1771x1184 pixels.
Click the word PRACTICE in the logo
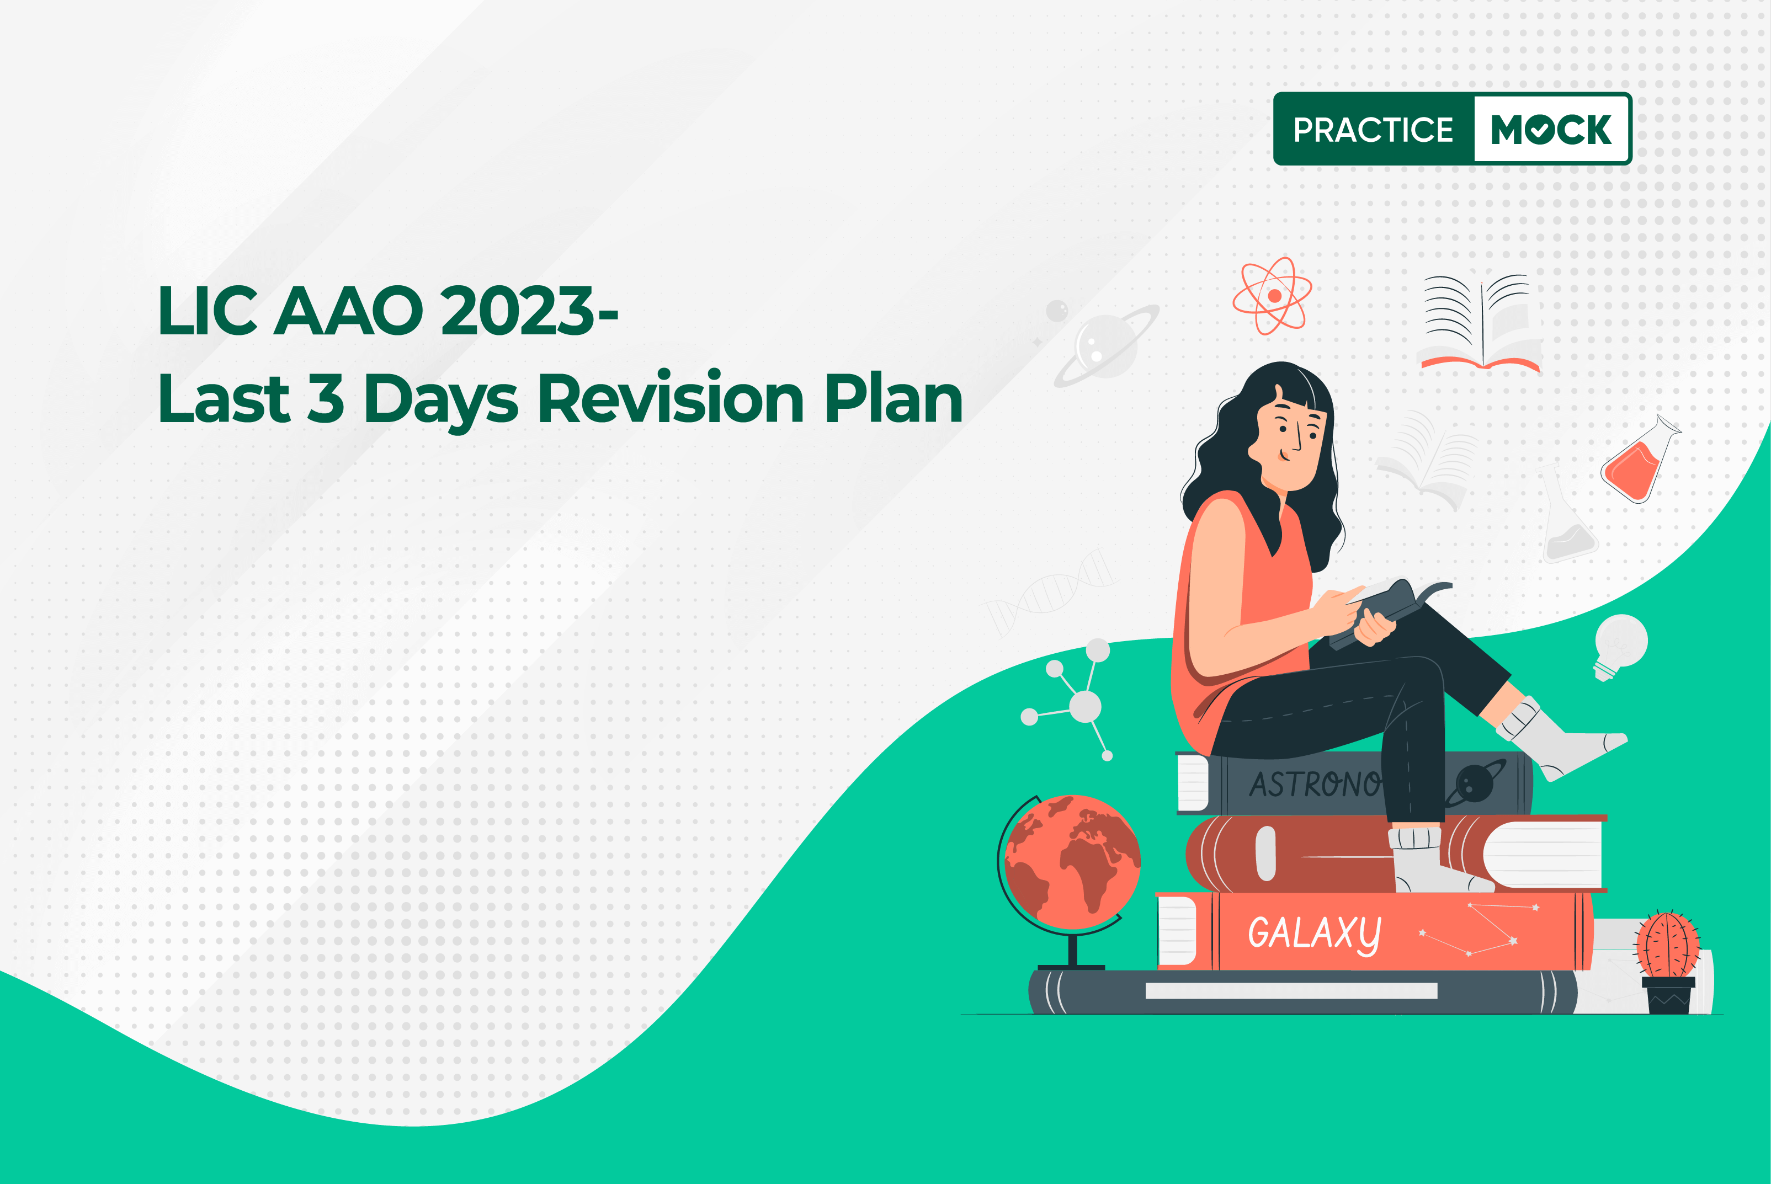(1373, 130)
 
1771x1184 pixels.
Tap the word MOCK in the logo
(1551, 130)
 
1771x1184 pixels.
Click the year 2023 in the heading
(518, 311)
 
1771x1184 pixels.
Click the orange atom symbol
(1273, 295)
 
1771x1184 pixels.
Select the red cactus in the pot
(1668, 959)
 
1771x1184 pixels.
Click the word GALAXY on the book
(1314, 934)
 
